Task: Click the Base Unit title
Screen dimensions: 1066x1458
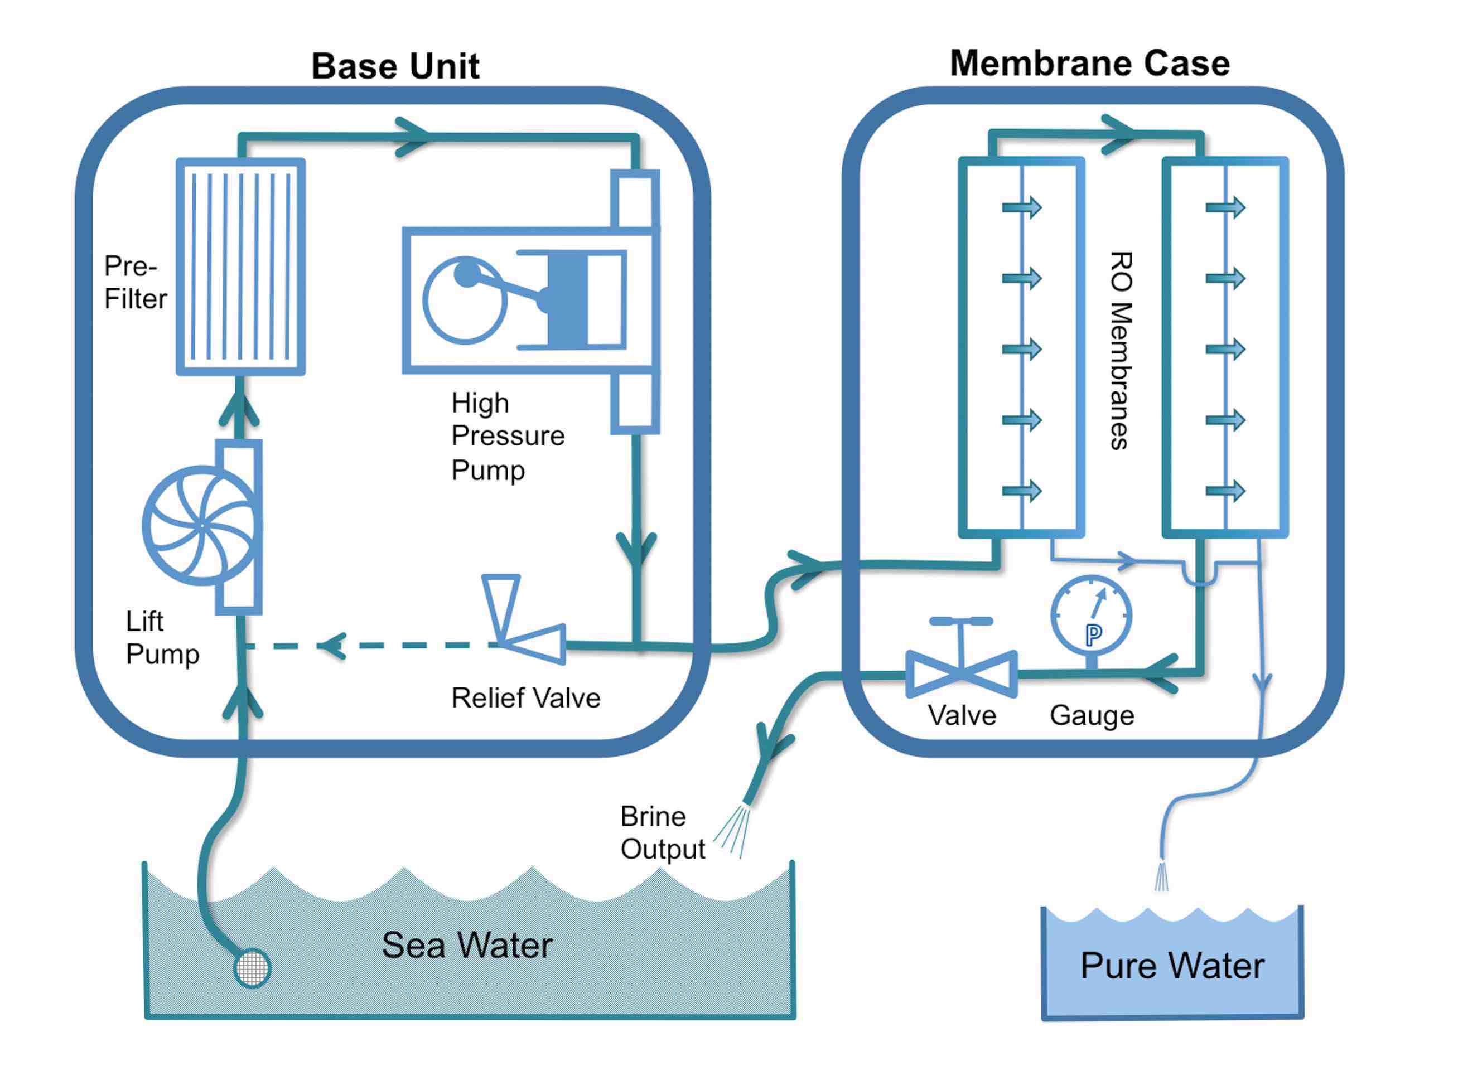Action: click(395, 66)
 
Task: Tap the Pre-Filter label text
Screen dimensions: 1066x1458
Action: click(135, 283)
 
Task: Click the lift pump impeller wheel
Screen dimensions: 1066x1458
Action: click(202, 526)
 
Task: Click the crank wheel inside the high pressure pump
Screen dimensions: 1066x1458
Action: click(464, 300)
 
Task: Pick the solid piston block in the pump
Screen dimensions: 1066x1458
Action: click(567, 299)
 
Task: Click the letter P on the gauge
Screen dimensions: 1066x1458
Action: click(1093, 635)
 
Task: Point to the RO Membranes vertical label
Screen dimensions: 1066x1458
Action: click(1121, 350)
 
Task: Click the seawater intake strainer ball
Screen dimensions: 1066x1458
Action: click(252, 967)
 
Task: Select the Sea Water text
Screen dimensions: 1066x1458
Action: click(467, 946)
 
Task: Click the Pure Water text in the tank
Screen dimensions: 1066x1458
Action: click(1171, 966)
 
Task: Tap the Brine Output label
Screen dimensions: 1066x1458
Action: click(662, 833)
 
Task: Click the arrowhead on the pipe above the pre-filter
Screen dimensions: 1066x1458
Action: click(412, 136)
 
